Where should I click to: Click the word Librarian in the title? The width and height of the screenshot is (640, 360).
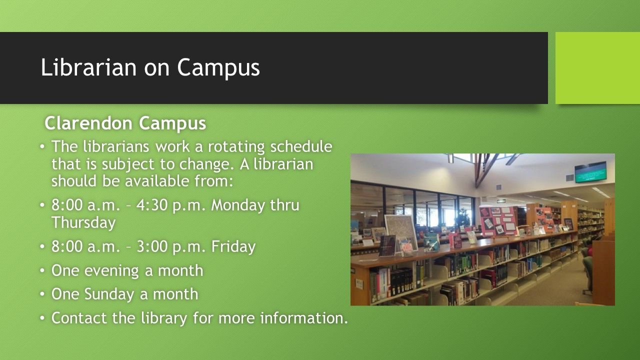point(88,67)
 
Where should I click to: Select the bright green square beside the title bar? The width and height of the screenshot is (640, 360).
point(597,68)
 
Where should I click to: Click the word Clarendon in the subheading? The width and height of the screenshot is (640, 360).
point(89,123)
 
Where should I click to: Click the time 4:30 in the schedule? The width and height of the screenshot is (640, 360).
point(152,205)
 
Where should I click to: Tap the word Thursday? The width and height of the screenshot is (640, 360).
point(83,223)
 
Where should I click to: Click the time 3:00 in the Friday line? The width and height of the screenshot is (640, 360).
point(152,246)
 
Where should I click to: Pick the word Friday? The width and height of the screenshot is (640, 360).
point(233,247)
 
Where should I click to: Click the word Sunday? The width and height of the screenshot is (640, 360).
point(109,294)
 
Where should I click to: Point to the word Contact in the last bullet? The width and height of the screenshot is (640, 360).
point(79,318)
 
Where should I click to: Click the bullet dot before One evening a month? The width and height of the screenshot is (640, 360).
point(42,270)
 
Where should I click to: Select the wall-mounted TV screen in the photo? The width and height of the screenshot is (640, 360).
point(590,172)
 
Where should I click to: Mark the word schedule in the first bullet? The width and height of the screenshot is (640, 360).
point(301,147)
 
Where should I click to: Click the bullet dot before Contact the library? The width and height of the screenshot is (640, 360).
point(42,317)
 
